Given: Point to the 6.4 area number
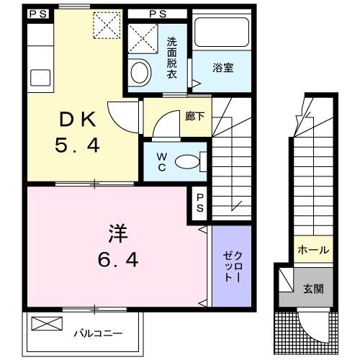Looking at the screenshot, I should (118, 258).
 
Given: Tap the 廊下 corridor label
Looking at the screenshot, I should (194, 116).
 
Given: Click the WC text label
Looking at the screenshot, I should (161, 161).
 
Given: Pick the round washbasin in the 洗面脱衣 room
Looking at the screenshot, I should (139, 72).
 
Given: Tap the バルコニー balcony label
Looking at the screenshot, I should (98, 333).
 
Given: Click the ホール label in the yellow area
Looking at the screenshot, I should (312, 251).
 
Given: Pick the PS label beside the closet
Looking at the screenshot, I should (199, 202).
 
